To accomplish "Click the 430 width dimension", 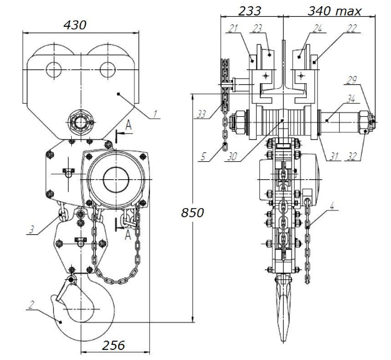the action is [x=75, y=25].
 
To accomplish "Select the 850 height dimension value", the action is [x=192, y=212].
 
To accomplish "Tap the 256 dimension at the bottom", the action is [x=113, y=346].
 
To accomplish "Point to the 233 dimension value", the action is [x=250, y=11].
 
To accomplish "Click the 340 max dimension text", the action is [x=334, y=11].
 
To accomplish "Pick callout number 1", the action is [x=155, y=114].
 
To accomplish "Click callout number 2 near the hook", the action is [x=31, y=305].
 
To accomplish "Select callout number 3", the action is [x=31, y=229].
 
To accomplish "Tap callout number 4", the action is [x=332, y=206].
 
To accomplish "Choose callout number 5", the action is [x=203, y=157].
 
